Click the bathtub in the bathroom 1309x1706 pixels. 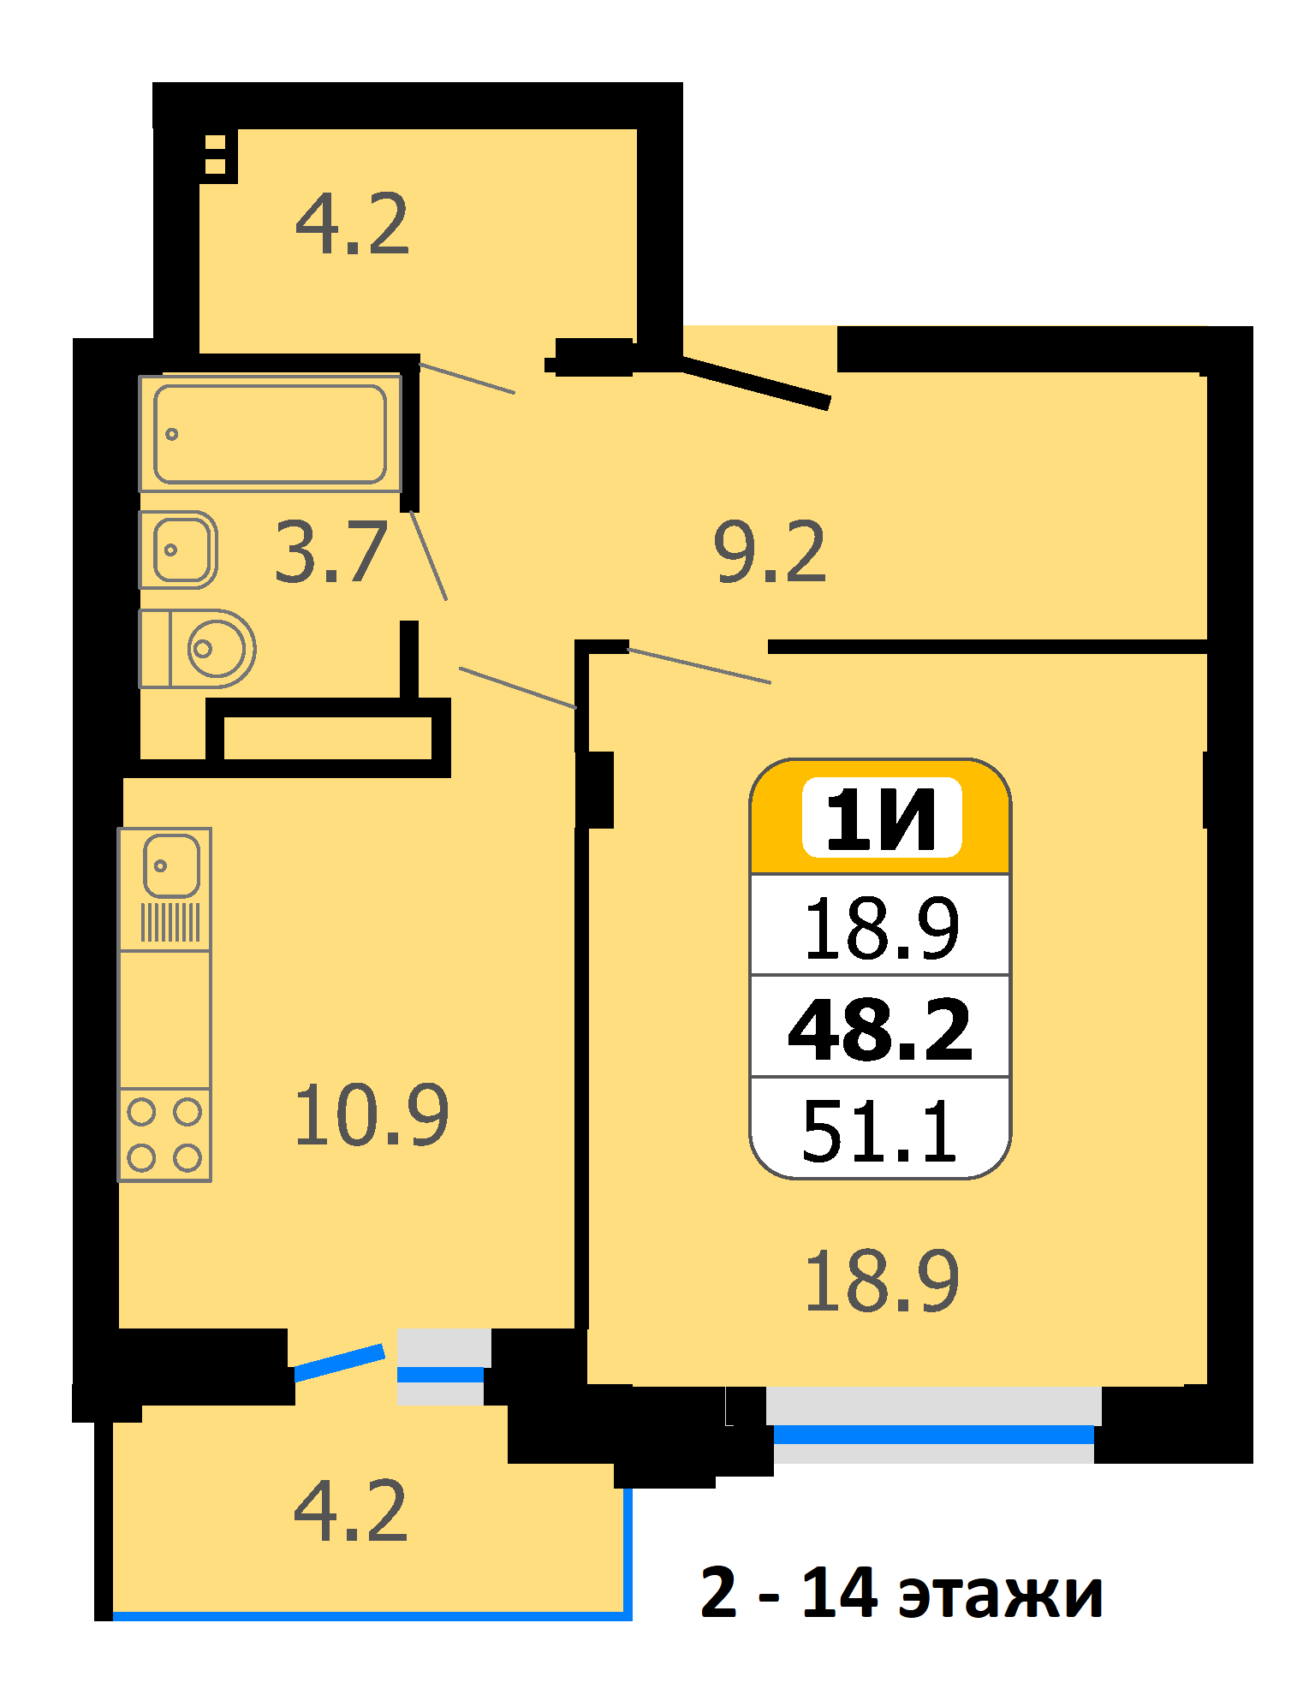pos(271,433)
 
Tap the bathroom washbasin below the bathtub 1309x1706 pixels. pos(179,550)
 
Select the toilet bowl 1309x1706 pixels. pos(198,649)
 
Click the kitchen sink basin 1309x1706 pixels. pos(171,865)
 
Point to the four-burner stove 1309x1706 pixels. pos(164,1135)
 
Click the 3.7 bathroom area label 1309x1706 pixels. pos(331,553)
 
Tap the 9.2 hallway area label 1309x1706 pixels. pos(771,552)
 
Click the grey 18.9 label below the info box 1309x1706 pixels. pos(882,1281)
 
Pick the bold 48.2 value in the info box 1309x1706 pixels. pos(881,1030)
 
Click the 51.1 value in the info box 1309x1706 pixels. pos(879,1131)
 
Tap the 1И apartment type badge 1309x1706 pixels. pos(882,818)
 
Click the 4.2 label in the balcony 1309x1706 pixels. pos(350,1511)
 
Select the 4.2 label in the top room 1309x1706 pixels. pos(352,224)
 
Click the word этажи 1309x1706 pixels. pos(1000,1594)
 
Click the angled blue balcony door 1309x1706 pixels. pos(339,1362)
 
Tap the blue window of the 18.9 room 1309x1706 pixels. pos(934,1435)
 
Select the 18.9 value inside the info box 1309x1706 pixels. pos(882,928)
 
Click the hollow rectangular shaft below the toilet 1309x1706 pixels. pos(328,738)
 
